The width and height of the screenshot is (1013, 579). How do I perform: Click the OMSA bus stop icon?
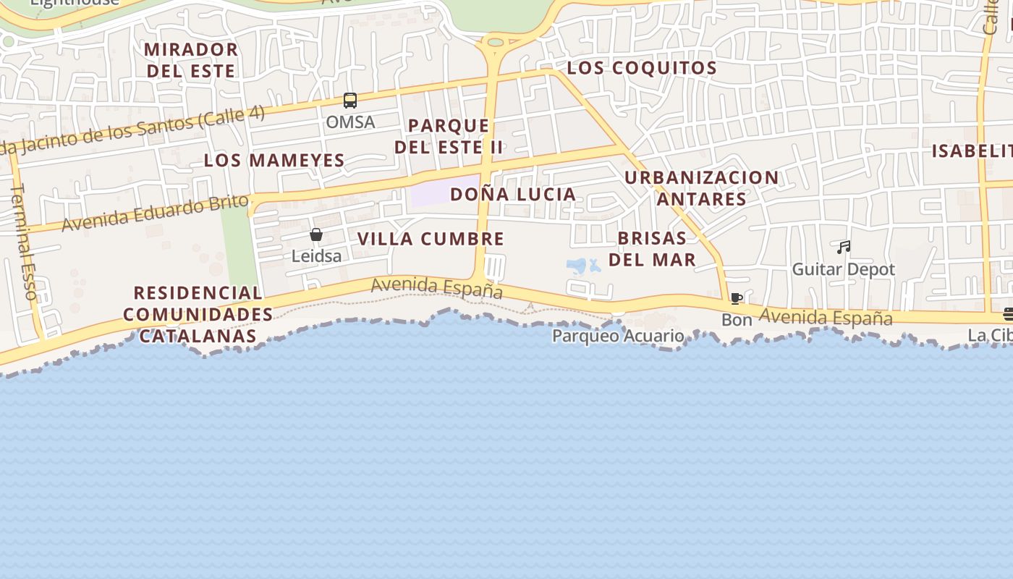pos(350,101)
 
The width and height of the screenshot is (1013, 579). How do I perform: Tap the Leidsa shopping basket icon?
pos(316,234)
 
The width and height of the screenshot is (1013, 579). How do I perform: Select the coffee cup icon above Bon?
pos(737,298)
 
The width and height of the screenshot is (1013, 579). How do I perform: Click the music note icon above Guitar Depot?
pos(843,248)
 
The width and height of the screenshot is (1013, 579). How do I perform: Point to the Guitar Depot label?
pos(843,269)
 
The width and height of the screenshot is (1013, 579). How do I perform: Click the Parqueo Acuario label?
pos(618,336)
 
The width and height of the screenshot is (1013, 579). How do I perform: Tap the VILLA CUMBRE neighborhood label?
pos(431,239)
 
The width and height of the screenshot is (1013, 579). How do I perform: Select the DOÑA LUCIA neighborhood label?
pos(513,194)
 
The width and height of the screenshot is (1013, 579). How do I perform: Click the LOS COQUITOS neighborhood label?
pos(642,68)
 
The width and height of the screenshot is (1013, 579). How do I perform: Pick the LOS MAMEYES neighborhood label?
pos(274,160)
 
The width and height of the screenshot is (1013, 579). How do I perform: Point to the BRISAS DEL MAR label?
pos(652,248)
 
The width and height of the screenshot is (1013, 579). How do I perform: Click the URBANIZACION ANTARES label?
pos(701,187)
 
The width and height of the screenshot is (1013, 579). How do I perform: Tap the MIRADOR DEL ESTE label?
pos(191,60)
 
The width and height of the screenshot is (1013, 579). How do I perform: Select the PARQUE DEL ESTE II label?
pos(449,136)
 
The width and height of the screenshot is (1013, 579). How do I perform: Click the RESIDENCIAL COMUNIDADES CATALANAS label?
pos(198,314)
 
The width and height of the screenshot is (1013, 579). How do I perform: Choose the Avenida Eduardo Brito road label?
pos(155,214)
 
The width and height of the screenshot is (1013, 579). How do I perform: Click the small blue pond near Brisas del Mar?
pos(577,266)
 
